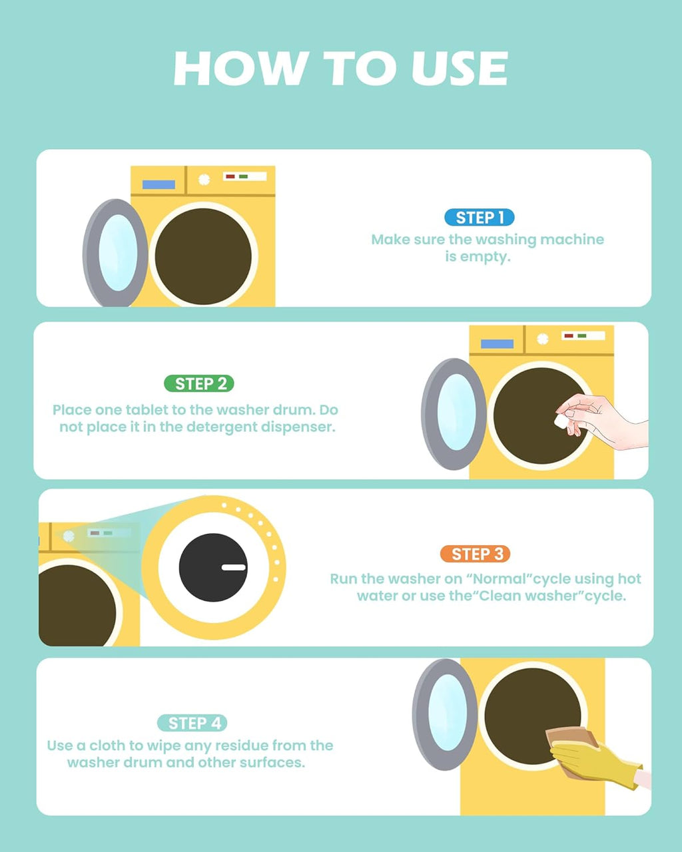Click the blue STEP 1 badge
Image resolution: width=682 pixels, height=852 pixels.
click(479, 218)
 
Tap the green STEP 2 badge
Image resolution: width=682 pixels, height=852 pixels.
click(199, 383)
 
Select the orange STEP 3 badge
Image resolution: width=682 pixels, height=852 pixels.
click(475, 554)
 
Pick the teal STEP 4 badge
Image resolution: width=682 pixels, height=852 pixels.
click(192, 723)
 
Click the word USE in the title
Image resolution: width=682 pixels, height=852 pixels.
click(460, 68)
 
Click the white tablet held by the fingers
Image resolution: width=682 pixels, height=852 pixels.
click(562, 421)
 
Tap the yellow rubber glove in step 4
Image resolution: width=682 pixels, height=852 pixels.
click(593, 759)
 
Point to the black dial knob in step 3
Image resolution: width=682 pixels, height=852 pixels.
click(213, 567)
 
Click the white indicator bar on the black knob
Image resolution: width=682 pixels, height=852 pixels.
click(233, 567)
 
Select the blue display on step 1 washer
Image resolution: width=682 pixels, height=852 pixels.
click(159, 184)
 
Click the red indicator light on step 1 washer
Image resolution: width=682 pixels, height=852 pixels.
click(230, 176)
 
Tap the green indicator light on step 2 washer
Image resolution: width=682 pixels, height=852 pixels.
click(581, 335)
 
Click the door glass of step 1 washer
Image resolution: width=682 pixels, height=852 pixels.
click(118, 253)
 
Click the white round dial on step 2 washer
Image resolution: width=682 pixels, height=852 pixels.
click(543, 339)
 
